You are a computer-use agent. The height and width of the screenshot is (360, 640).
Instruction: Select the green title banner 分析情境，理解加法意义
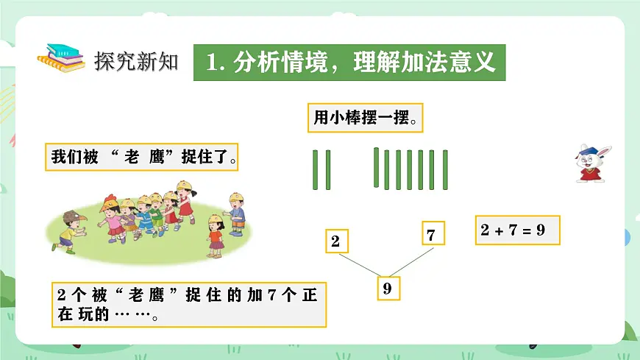click(x=350, y=63)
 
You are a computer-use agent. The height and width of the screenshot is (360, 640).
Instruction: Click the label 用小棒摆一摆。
click(x=365, y=118)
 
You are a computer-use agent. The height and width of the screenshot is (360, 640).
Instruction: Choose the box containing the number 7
click(x=431, y=235)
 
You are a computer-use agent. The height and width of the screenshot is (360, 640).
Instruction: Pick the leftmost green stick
click(x=315, y=170)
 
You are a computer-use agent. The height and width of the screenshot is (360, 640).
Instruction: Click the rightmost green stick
click(x=446, y=170)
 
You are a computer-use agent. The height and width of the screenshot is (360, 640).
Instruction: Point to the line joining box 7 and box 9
click(x=412, y=261)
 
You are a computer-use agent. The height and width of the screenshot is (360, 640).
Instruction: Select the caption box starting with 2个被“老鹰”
click(x=189, y=304)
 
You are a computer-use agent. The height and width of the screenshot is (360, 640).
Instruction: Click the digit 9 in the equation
click(x=541, y=230)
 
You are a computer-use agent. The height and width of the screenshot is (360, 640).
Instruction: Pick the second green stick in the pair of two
click(x=328, y=170)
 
